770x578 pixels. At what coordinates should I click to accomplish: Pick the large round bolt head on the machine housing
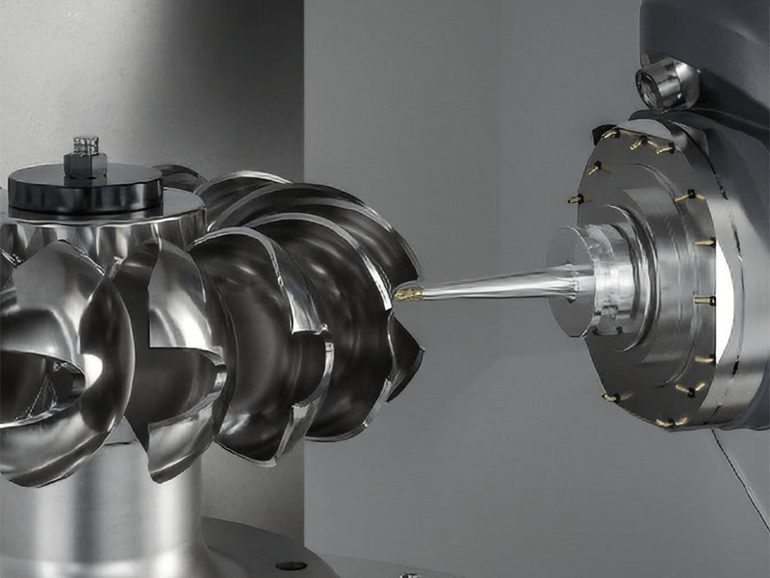pyautogui.click(x=667, y=83)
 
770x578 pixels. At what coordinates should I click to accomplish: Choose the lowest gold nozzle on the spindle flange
pyautogui.click(x=665, y=421)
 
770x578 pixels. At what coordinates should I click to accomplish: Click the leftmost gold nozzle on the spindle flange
pyautogui.click(x=575, y=199)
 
